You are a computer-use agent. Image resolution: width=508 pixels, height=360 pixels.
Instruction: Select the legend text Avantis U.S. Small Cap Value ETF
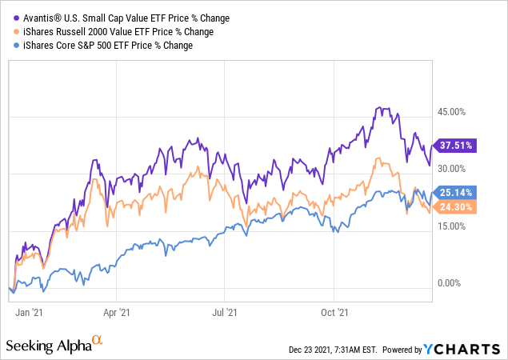117,17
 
